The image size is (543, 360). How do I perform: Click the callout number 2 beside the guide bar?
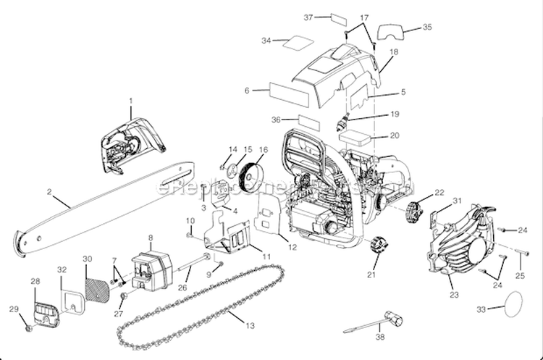(49, 192)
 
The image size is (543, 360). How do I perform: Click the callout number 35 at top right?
(427, 28)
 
